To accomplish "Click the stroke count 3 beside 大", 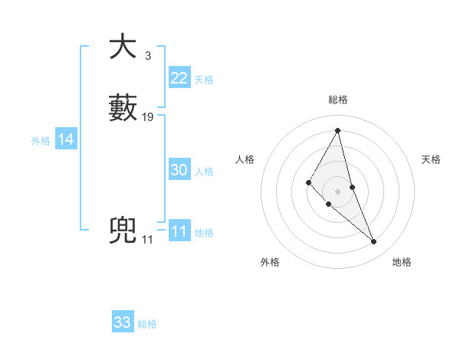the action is pyautogui.click(x=147, y=56).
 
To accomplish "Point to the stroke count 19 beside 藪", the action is pyautogui.click(x=148, y=117).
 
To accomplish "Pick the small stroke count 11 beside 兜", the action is pyautogui.click(x=147, y=240).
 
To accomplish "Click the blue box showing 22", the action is pyautogui.click(x=179, y=78).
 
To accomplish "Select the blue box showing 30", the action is pyautogui.click(x=179, y=170).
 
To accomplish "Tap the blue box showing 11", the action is pyautogui.click(x=179, y=231).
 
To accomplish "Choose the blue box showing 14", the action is pyautogui.click(x=66, y=139).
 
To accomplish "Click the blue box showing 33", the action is pyautogui.click(x=123, y=322).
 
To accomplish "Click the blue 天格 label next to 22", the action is pyautogui.click(x=204, y=80).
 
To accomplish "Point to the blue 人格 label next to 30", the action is pyautogui.click(x=204, y=172).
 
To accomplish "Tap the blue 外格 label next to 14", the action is pyautogui.click(x=41, y=141).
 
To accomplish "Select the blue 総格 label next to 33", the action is pyautogui.click(x=147, y=324).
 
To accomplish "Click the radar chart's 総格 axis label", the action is pyautogui.click(x=338, y=100).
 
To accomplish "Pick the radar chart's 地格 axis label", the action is pyautogui.click(x=402, y=262).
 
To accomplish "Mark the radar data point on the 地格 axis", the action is pyautogui.click(x=374, y=242).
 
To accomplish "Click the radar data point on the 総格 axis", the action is pyautogui.click(x=338, y=130).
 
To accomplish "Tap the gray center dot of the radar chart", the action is pyautogui.click(x=338, y=191).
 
